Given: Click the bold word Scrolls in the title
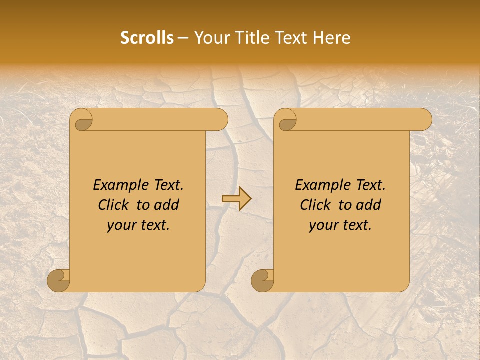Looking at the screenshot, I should point(147,38).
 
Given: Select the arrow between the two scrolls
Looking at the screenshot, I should point(237,198).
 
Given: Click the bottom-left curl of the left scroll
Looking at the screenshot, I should point(58,280).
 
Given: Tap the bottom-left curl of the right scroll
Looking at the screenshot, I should point(262,280).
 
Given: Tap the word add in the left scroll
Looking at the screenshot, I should point(167,205).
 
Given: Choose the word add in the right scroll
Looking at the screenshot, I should point(369,205).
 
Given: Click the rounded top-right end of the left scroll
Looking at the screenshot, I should point(220,120).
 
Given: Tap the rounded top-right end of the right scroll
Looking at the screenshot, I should point(424,120).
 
